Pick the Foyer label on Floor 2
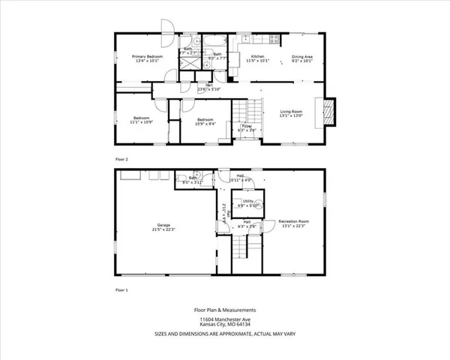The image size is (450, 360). tap(245, 128)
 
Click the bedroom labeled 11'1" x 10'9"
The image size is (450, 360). tap(141, 120)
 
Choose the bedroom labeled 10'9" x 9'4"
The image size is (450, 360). tap(206, 121)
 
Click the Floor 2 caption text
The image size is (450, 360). tap(122, 159)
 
